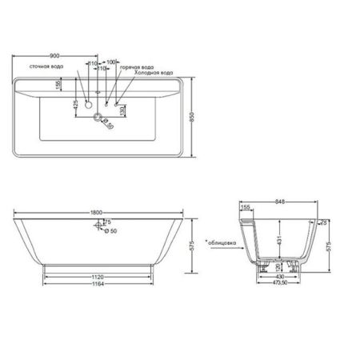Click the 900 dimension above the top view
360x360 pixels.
[55, 55]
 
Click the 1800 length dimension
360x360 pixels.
[96, 211]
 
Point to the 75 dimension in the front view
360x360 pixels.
[108, 222]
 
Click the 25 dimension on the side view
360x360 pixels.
[323, 222]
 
